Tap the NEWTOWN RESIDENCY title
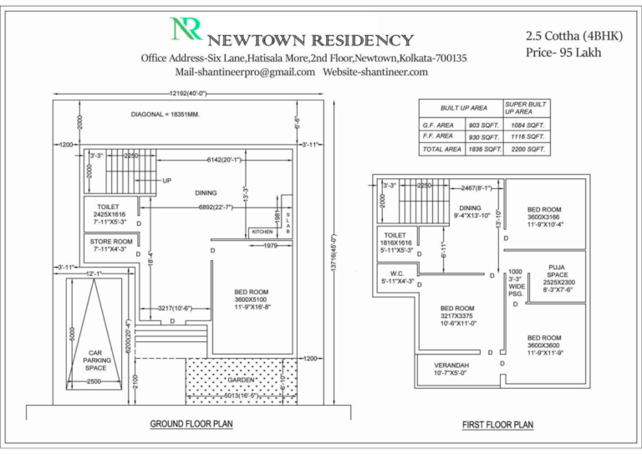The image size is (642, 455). point(310,39)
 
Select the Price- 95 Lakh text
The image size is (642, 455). point(563,53)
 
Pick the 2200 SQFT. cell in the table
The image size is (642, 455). point(526,149)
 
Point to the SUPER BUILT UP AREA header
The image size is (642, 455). point(526,108)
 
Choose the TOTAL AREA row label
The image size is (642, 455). point(441,149)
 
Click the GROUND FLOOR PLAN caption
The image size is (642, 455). point(191,424)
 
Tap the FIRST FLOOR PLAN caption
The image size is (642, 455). point(497,425)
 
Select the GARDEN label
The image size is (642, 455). point(240,380)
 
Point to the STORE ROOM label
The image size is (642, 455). point(112,245)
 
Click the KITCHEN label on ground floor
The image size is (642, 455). point(262,232)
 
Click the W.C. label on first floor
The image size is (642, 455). point(397,275)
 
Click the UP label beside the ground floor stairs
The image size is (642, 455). point(167,180)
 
